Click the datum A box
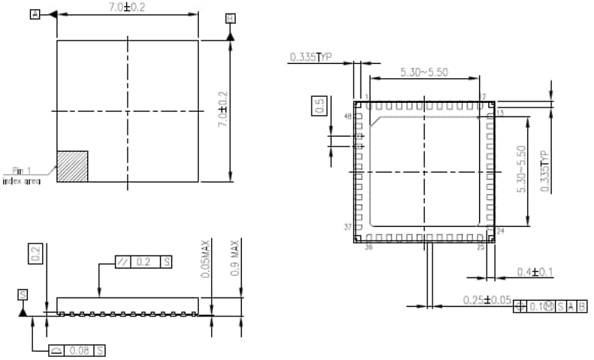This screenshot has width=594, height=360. click(35, 14)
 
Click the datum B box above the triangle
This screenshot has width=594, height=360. click(230, 17)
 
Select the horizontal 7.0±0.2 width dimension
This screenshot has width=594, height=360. click(128, 7)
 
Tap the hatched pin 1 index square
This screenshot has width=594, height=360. click(72, 166)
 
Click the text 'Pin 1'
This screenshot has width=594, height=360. click(20, 171)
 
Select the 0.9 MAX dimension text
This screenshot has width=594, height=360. click(234, 259)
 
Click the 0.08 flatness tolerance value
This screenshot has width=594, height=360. click(79, 350)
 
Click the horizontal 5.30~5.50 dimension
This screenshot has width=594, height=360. click(424, 72)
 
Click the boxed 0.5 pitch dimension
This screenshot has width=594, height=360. click(319, 105)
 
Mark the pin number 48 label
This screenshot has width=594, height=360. click(348, 116)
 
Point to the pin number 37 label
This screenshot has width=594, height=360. click(348, 226)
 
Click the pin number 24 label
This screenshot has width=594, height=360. click(501, 231)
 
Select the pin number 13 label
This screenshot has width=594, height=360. click(500, 112)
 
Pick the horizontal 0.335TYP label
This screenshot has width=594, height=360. click(311, 56)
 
